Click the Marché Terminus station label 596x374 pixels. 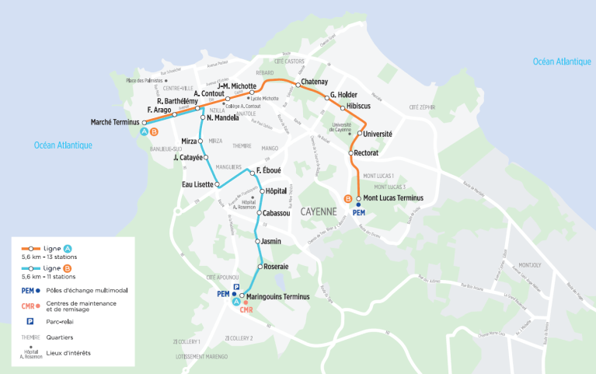(x=114, y=122)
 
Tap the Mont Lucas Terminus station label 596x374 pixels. (x=393, y=198)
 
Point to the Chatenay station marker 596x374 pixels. (x=296, y=82)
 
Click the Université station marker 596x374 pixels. (x=359, y=134)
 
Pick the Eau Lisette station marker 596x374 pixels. (x=218, y=184)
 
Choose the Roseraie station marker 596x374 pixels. (x=260, y=267)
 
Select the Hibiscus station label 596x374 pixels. (x=362, y=107)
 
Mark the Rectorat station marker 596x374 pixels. (x=351, y=153)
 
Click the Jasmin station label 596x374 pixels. (x=271, y=241)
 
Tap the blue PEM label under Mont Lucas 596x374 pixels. (x=358, y=212)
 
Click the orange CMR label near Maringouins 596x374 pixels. (x=247, y=310)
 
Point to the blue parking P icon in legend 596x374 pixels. (x=30, y=320)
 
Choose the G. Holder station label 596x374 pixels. (x=343, y=95)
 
